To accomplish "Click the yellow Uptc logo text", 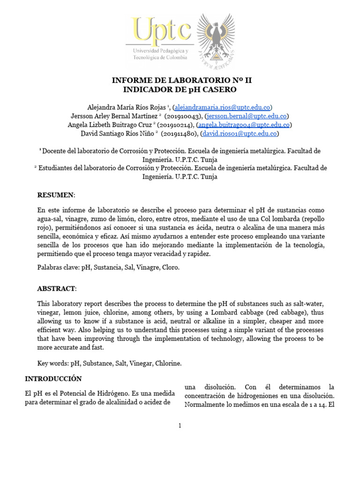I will pyautogui.click(x=162, y=31).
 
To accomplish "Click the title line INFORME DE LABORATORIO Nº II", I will pyautogui.click(x=181, y=80).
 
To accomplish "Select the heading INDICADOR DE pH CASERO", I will pyautogui.click(x=180, y=89).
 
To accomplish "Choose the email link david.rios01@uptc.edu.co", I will pyautogui.click(x=240, y=134).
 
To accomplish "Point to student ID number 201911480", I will pyautogui.click(x=180, y=134).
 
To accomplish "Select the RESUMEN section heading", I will pyautogui.click(x=55, y=195).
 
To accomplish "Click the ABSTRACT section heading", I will pyautogui.click(x=56, y=288).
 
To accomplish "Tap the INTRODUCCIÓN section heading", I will pyautogui.click(x=53, y=378).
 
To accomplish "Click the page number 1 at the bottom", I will pyautogui.click(x=180, y=426).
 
